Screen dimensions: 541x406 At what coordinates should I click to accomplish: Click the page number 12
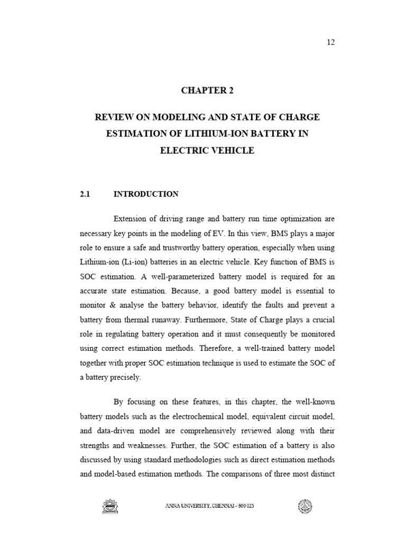coord(331,42)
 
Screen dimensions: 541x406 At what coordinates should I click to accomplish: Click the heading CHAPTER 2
coord(207,90)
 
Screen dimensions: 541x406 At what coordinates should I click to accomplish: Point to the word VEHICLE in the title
coord(231,151)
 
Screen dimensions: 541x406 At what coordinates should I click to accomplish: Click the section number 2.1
coord(86,194)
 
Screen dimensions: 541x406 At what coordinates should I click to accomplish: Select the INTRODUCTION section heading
coord(146,194)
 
